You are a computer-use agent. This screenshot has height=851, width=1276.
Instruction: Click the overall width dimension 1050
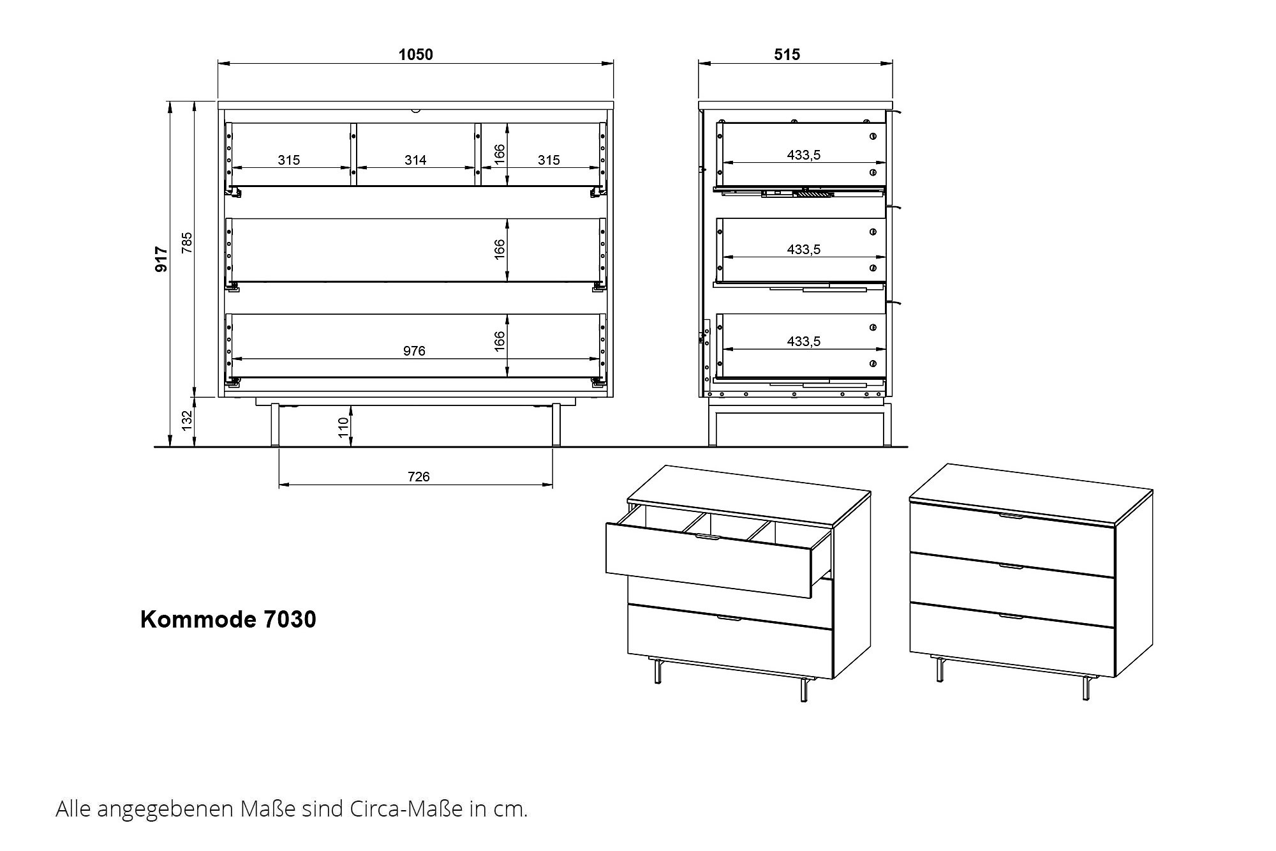click(415, 54)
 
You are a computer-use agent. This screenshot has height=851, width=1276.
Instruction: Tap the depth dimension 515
click(787, 54)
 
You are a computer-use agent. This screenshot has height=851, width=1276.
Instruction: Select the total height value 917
click(162, 260)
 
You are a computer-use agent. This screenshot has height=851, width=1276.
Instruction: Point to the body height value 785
click(186, 243)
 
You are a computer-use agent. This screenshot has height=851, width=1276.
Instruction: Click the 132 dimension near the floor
click(186, 421)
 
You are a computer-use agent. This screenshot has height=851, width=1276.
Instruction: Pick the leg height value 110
click(344, 428)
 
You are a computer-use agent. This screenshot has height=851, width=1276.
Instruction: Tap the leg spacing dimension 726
click(419, 476)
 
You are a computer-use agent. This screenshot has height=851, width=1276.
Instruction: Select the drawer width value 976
click(414, 350)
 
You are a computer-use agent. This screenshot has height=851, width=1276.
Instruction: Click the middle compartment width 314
click(415, 160)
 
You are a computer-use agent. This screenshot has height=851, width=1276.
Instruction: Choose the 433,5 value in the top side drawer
click(804, 154)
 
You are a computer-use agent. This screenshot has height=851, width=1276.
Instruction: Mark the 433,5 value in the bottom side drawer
click(804, 341)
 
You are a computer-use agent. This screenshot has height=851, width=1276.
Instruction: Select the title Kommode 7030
click(228, 619)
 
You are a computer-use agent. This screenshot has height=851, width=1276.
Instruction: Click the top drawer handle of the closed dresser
click(1011, 515)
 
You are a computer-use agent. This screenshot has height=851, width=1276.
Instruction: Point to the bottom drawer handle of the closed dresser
click(1011, 616)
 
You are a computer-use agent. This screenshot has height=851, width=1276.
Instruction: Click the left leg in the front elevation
click(275, 425)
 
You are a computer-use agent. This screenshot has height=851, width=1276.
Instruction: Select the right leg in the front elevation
click(556, 425)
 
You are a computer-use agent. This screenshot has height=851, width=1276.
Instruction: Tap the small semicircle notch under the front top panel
click(416, 110)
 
